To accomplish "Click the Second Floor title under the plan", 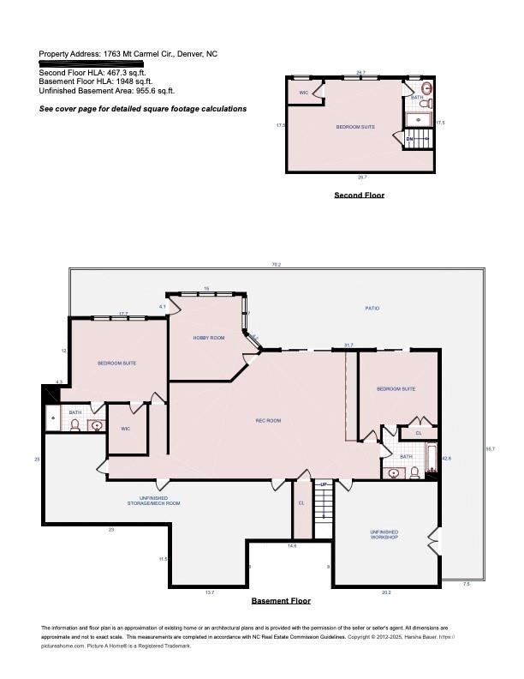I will [x=359, y=195].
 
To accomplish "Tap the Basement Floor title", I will [x=281, y=601].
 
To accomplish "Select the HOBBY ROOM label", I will [x=209, y=338].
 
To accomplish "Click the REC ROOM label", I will [x=268, y=420].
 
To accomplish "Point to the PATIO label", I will [x=372, y=308].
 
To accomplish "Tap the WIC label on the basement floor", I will [x=125, y=429].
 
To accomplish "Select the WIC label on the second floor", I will [x=303, y=93].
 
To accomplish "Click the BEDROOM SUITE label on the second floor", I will [x=354, y=127].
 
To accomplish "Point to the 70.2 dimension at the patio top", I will [x=276, y=265].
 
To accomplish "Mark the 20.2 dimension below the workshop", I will [x=385, y=592].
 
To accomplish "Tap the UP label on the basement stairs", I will [x=323, y=485].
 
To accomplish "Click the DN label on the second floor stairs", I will [x=409, y=139].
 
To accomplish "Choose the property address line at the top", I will [x=128, y=54].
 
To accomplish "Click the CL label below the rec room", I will [x=301, y=503].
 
